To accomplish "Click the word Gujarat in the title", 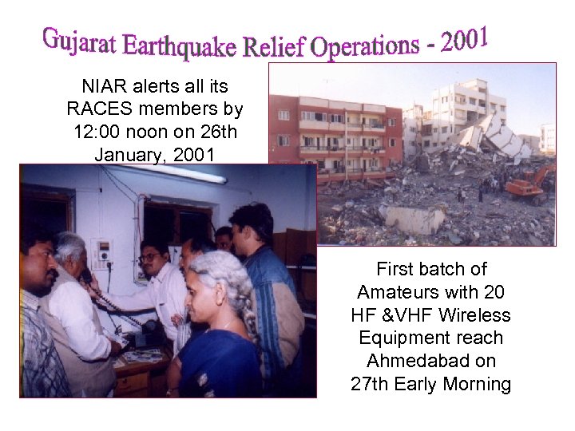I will click(x=79, y=40).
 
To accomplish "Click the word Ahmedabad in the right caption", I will click(x=430, y=361).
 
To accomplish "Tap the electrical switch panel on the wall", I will click(x=101, y=254).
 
